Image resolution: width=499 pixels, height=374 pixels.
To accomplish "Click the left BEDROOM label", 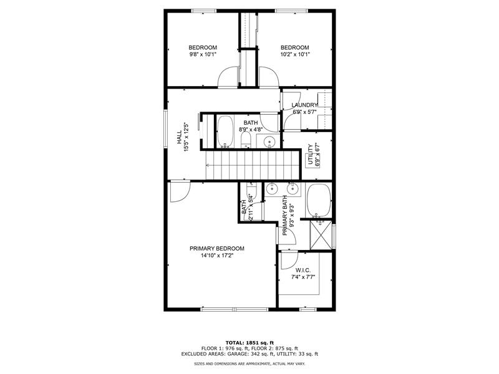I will pos(203,48).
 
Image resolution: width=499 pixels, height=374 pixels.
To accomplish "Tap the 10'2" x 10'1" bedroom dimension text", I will pos(294,55).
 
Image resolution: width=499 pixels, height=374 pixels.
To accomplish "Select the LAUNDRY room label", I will pos(304,105).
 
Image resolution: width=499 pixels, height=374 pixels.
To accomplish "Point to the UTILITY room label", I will pos(309,156).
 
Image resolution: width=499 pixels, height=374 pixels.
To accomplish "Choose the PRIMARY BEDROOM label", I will pos(217,248).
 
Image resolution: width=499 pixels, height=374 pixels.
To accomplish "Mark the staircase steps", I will pos(247,166).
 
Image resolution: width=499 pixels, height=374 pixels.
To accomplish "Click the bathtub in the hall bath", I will pos(225,131).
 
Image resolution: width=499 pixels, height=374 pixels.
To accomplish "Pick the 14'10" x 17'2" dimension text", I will pos(217,256).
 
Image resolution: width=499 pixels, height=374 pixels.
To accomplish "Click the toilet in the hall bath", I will pos(245,138).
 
